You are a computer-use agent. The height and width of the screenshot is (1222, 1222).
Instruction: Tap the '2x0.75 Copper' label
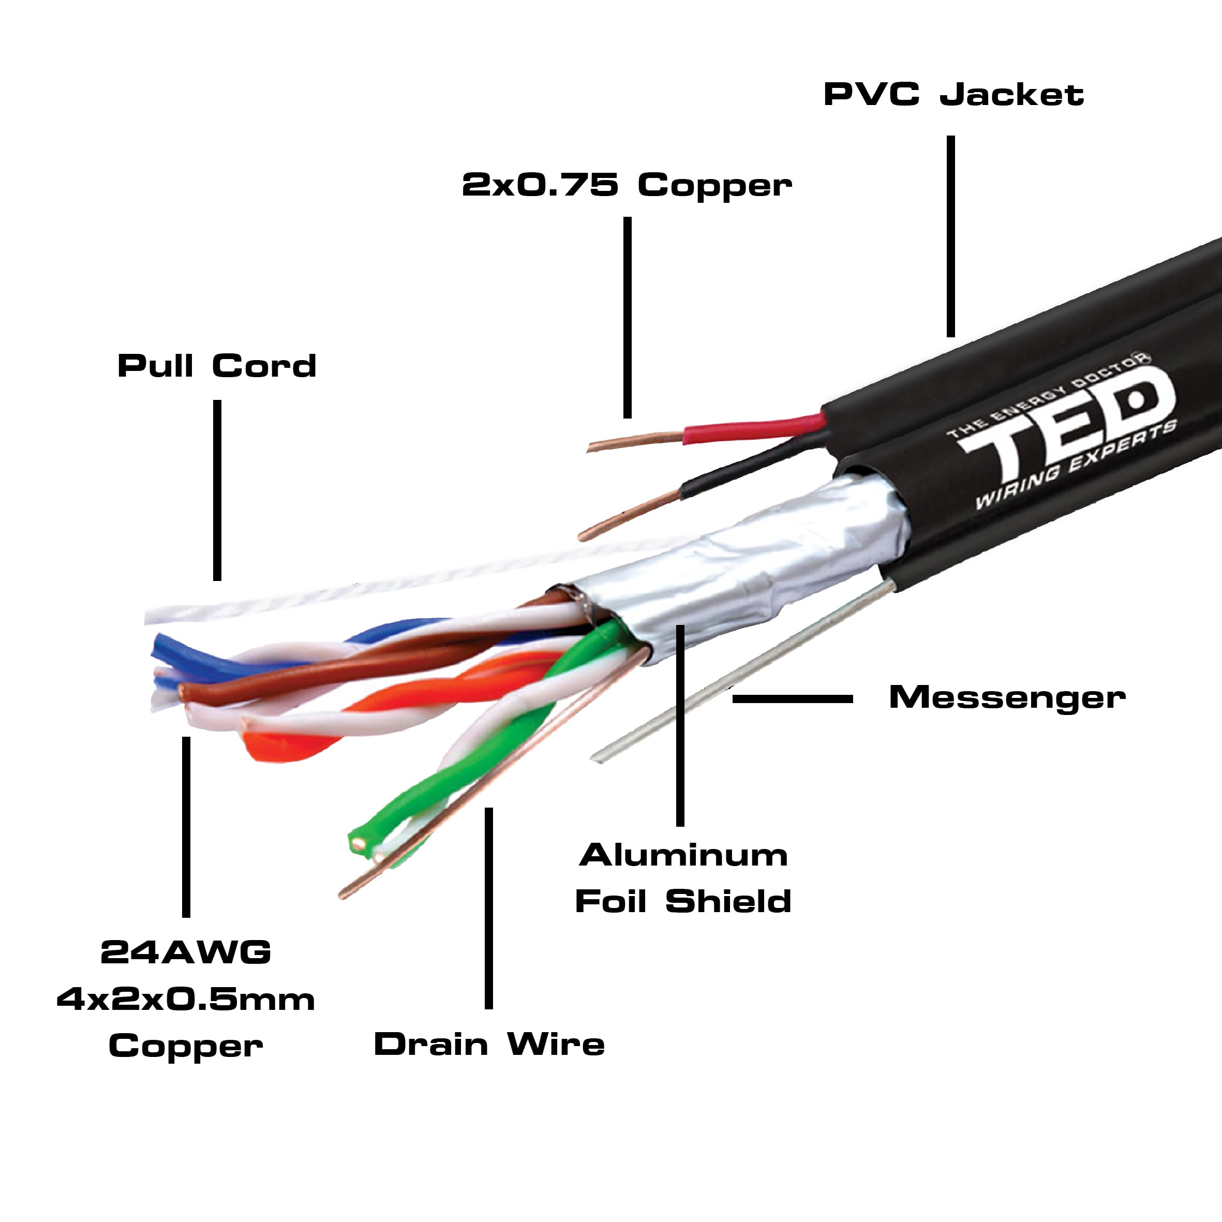(626, 185)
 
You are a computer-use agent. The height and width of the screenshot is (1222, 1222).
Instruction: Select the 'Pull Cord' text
(217, 366)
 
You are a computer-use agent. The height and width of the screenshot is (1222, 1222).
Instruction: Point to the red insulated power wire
(753, 430)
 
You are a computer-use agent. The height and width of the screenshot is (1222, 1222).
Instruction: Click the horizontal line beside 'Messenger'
(792, 699)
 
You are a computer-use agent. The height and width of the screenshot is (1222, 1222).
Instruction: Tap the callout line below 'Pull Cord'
(217, 490)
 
